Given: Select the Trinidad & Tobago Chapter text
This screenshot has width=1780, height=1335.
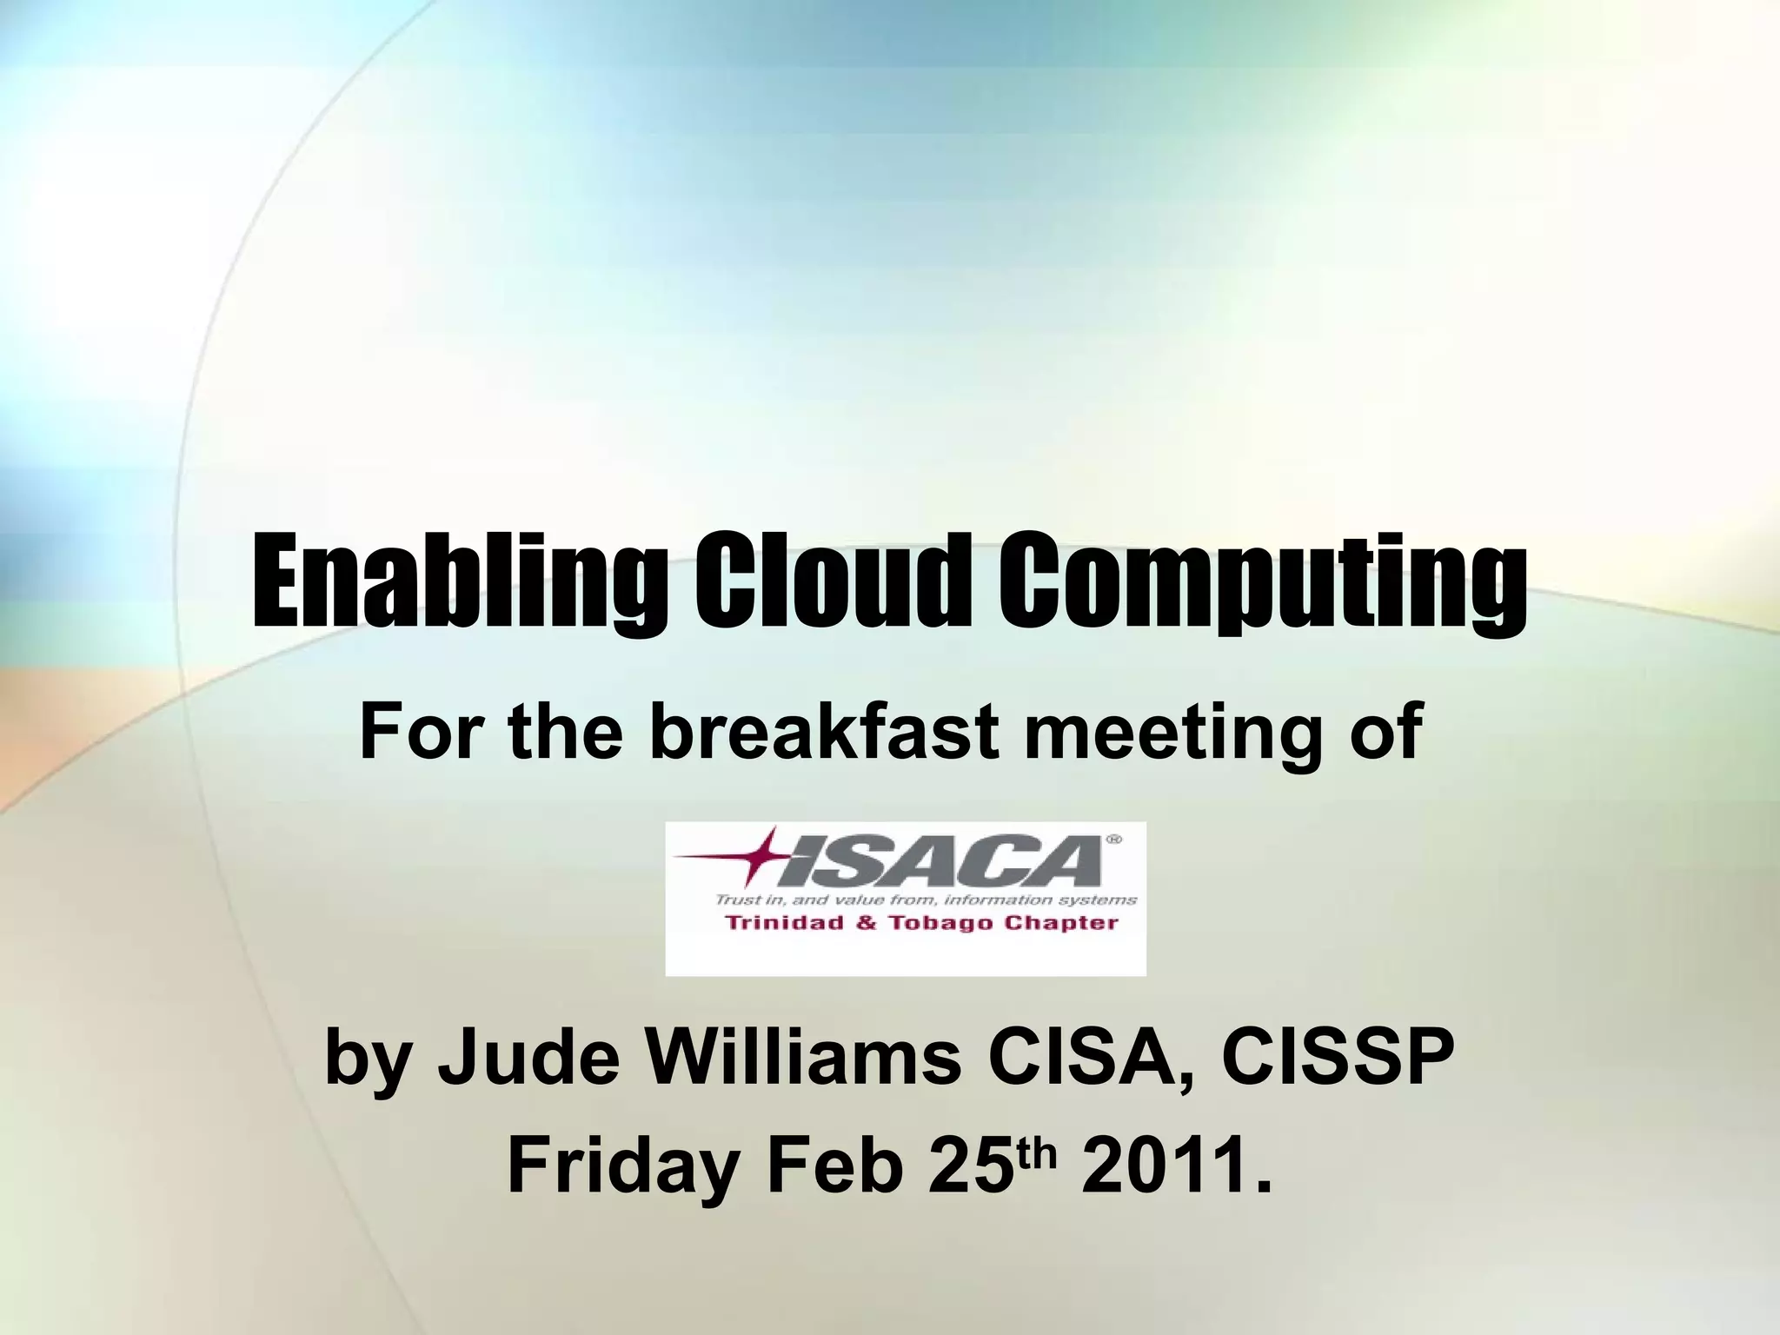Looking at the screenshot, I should coord(921,923).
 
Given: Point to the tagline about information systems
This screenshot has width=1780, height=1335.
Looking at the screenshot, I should coord(926,900).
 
